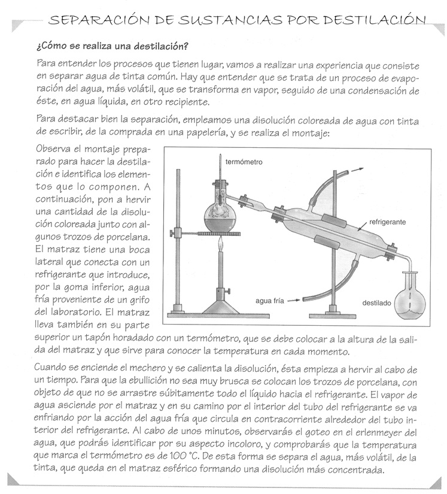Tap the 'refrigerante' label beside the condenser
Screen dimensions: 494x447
tap(387, 222)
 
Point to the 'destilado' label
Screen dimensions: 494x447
tap(376, 303)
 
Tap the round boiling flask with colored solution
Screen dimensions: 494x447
tap(222, 214)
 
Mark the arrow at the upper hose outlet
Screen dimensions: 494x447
tap(358, 169)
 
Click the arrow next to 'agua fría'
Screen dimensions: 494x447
tap(292, 300)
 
